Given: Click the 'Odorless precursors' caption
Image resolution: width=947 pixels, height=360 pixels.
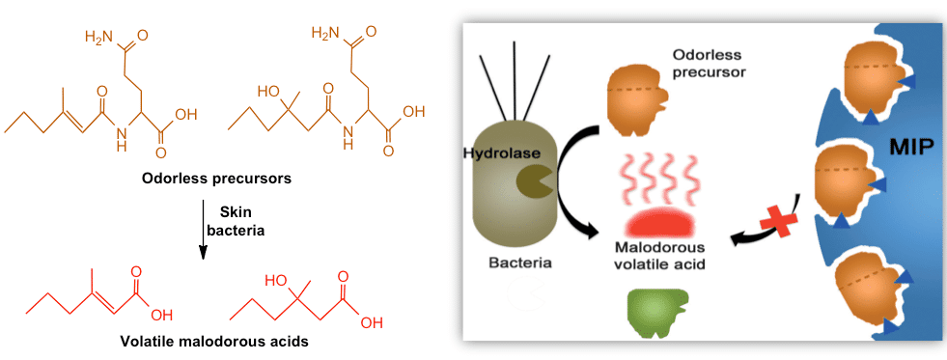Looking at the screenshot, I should coord(204,179).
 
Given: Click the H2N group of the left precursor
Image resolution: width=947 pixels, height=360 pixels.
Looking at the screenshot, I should coord(100,38).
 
